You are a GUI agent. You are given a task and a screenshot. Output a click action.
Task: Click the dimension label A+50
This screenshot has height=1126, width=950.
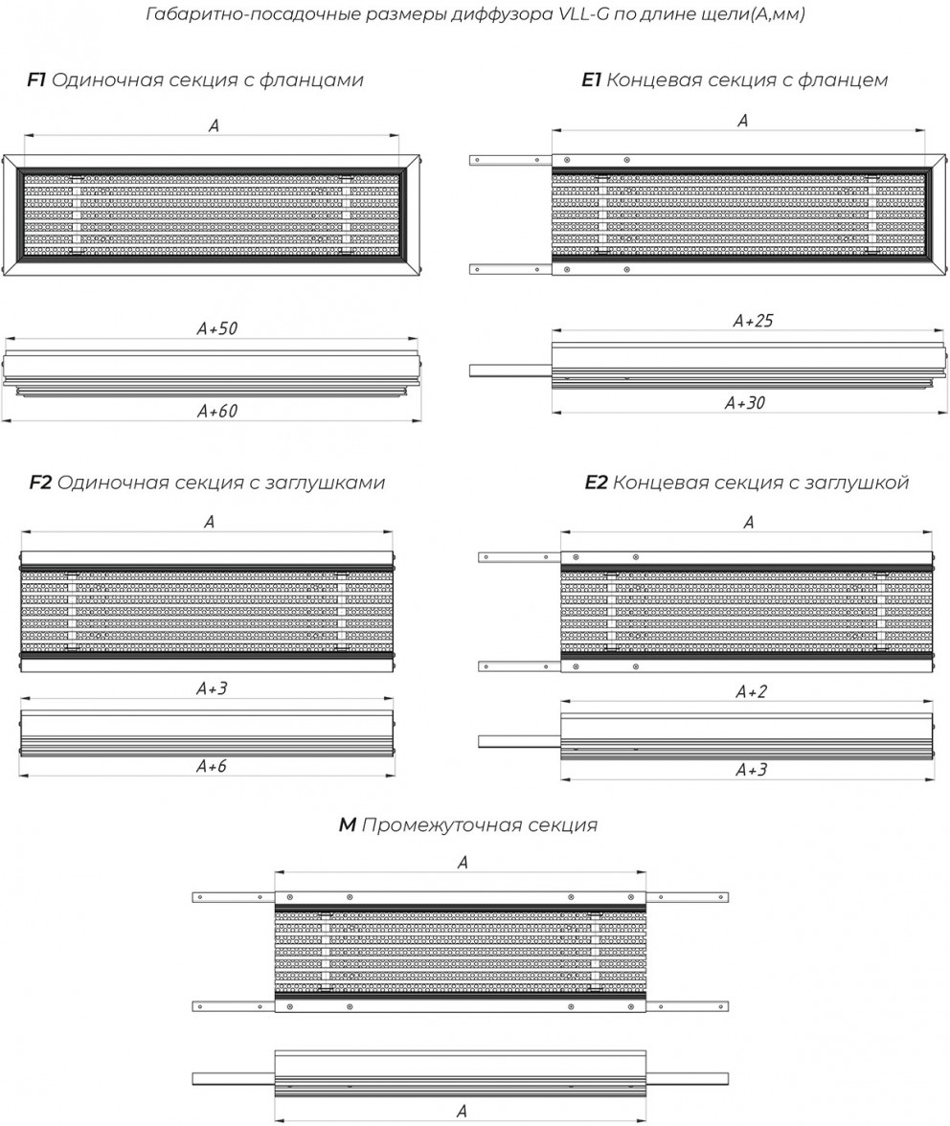[216, 329]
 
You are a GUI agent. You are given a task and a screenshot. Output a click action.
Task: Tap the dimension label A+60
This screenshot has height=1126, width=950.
[216, 412]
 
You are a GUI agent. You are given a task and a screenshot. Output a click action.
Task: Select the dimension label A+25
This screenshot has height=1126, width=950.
[753, 321]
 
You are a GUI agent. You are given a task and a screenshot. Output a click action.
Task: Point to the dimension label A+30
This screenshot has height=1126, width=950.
[745, 403]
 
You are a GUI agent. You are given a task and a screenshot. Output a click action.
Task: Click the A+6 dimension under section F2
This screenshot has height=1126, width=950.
[211, 766]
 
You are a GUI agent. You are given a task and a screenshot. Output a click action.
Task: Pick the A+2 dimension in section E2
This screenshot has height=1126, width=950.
[751, 691]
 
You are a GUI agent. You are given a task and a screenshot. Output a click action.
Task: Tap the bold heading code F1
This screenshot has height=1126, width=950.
[35, 79]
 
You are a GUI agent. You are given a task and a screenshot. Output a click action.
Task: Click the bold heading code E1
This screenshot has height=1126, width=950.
[591, 79]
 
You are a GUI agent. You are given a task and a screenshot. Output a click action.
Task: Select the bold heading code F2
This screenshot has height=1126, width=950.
[40, 482]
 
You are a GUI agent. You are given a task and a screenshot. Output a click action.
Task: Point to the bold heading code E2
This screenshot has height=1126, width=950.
[596, 482]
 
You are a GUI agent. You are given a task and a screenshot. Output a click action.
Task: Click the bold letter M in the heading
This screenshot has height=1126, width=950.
[347, 825]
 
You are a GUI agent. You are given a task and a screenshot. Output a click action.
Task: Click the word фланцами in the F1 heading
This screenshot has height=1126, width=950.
[311, 80]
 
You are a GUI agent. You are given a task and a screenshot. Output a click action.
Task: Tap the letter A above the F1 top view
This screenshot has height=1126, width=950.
[214, 125]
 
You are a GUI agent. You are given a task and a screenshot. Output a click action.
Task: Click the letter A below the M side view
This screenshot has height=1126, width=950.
[462, 1111]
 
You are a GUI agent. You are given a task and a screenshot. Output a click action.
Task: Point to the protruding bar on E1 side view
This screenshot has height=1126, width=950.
[510, 372]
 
